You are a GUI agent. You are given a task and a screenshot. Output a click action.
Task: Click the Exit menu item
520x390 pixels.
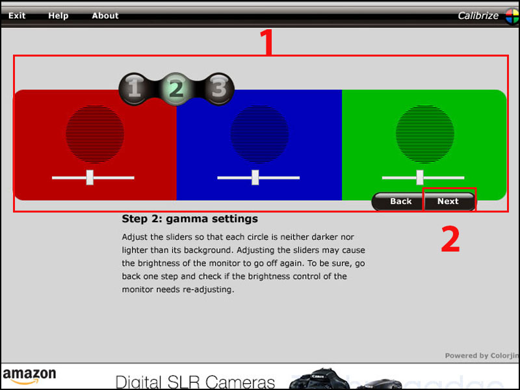coord(17,16)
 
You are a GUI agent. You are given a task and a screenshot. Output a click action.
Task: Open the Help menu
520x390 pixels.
coord(58,16)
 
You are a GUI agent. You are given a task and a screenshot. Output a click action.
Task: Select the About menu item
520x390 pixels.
coord(105,16)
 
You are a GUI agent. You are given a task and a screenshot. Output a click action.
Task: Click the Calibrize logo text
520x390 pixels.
coord(478,16)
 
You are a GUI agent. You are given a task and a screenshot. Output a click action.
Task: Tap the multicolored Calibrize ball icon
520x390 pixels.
coord(512,16)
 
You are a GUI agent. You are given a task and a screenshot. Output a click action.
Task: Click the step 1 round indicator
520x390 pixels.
coord(134,88)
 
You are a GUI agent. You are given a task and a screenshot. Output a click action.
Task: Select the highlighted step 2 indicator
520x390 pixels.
coord(176,88)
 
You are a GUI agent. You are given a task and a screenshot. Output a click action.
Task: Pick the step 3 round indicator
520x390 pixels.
coord(218,88)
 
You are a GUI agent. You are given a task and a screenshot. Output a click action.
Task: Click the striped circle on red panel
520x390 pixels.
coord(95,134)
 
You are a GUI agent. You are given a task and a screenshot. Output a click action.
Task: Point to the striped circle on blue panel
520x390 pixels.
coord(259,134)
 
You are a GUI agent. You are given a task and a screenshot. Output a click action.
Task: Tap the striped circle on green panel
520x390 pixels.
coord(425,134)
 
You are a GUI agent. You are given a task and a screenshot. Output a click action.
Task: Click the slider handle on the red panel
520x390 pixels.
coord(90,177)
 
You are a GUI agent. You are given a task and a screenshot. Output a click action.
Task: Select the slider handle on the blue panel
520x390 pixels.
coord(255,177)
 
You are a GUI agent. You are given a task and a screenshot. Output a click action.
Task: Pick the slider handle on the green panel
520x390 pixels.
coord(420,177)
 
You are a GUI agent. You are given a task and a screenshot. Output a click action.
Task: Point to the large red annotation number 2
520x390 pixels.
coord(450,239)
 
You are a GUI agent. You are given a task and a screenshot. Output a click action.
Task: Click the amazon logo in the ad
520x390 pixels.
coord(29,376)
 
